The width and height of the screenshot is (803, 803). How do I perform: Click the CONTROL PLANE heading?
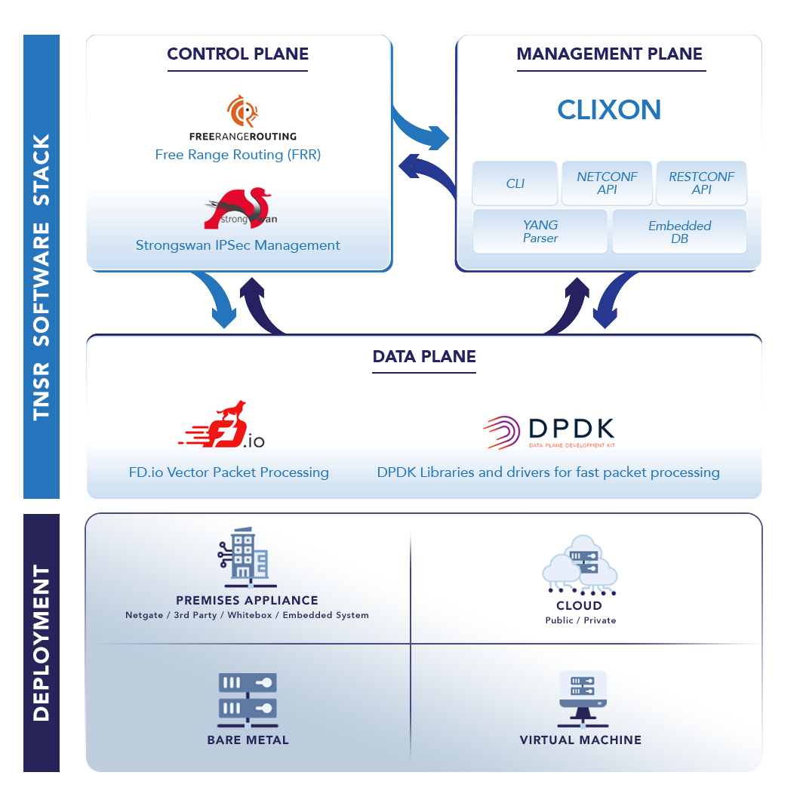(x=238, y=54)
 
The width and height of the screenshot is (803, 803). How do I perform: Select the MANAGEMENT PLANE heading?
(x=609, y=54)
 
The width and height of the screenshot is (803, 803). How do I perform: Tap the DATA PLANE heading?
(x=424, y=357)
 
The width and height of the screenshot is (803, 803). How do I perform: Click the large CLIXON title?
(x=609, y=110)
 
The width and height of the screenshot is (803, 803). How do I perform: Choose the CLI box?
(x=515, y=183)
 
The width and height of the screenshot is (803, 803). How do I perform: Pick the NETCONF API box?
(x=607, y=183)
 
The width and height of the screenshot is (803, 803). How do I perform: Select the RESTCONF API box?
(x=701, y=183)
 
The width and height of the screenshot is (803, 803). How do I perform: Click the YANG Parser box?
(x=540, y=232)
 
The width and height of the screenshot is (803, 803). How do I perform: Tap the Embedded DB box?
(x=679, y=232)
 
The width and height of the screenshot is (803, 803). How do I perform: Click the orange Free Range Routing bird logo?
(x=242, y=111)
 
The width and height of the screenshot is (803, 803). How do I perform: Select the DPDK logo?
(x=549, y=432)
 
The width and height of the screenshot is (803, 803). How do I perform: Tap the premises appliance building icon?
(x=246, y=558)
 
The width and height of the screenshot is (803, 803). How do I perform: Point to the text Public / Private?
(x=580, y=620)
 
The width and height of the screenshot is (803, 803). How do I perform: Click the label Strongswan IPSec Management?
(x=238, y=245)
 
